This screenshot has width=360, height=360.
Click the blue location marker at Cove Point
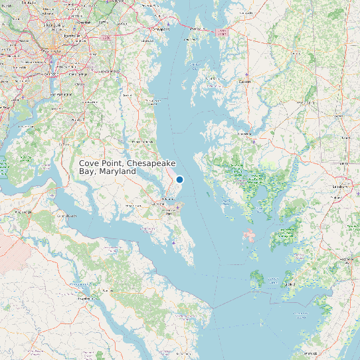[x=179, y=179]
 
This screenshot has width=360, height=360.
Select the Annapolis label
[x=158, y=29]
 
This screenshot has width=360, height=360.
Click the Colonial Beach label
[x=66, y=216]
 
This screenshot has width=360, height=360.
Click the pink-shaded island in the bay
[x=250, y=235]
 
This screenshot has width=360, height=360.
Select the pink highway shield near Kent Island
[x=221, y=31]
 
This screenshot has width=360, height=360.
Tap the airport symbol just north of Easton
[x=246, y=73]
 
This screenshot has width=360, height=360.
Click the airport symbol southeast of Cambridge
[x=258, y=139]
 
